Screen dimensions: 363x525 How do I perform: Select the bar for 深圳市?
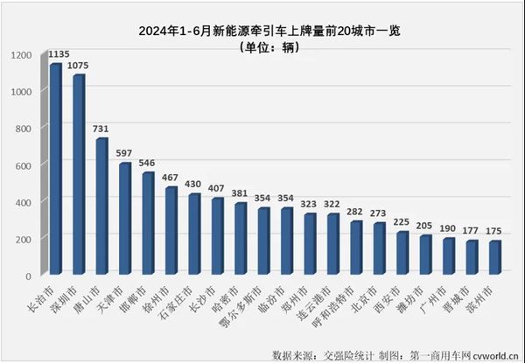tap(79, 175)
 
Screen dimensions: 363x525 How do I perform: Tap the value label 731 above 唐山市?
tap(102, 129)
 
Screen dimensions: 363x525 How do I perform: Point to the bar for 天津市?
tap(124, 219)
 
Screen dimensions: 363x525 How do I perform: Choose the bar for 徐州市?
tap(171, 232)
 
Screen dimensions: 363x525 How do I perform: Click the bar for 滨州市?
tap(494, 259)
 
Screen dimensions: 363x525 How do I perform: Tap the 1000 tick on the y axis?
tap(23, 92)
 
